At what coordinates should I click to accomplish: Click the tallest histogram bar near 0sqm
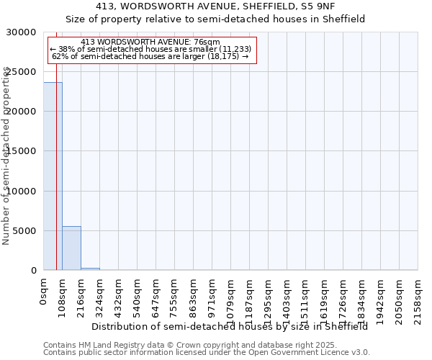(x=53, y=176)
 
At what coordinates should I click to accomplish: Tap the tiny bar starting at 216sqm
(x=90, y=269)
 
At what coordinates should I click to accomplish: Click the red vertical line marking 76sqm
(x=56, y=180)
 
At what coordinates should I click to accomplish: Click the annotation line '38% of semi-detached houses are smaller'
(x=150, y=49)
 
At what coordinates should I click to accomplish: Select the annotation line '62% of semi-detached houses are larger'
(x=150, y=56)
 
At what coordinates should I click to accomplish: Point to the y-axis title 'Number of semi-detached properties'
(x=6, y=156)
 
